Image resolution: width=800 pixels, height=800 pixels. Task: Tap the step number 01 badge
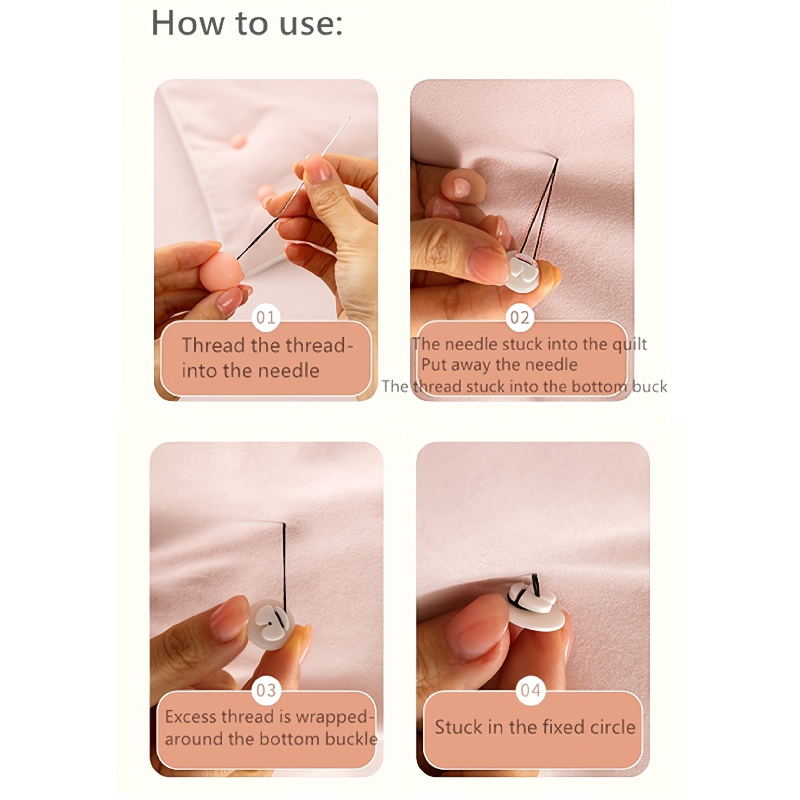[x=266, y=317]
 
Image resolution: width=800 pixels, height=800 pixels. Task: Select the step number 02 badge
[x=520, y=317]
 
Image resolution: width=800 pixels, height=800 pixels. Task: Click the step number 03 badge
[x=266, y=690]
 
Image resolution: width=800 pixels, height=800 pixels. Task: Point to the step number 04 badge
[x=531, y=690]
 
